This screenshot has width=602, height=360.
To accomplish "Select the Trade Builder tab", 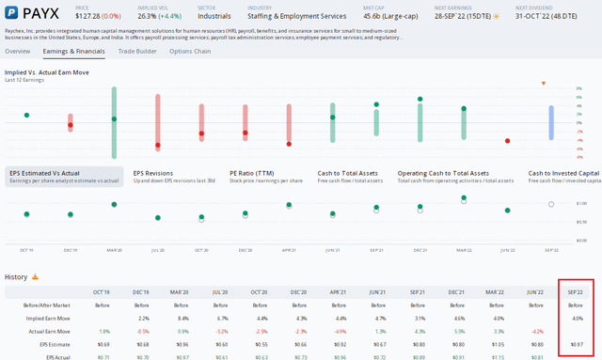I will click(x=137, y=51).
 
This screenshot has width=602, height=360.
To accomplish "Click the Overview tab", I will click(x=19, y=51).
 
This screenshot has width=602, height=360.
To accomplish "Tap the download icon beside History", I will click(x=36, y=277).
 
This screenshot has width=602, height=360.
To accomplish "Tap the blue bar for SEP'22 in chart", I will click(x=551, y=122).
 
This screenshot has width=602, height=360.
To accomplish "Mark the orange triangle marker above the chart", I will click(x=543, y=83).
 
